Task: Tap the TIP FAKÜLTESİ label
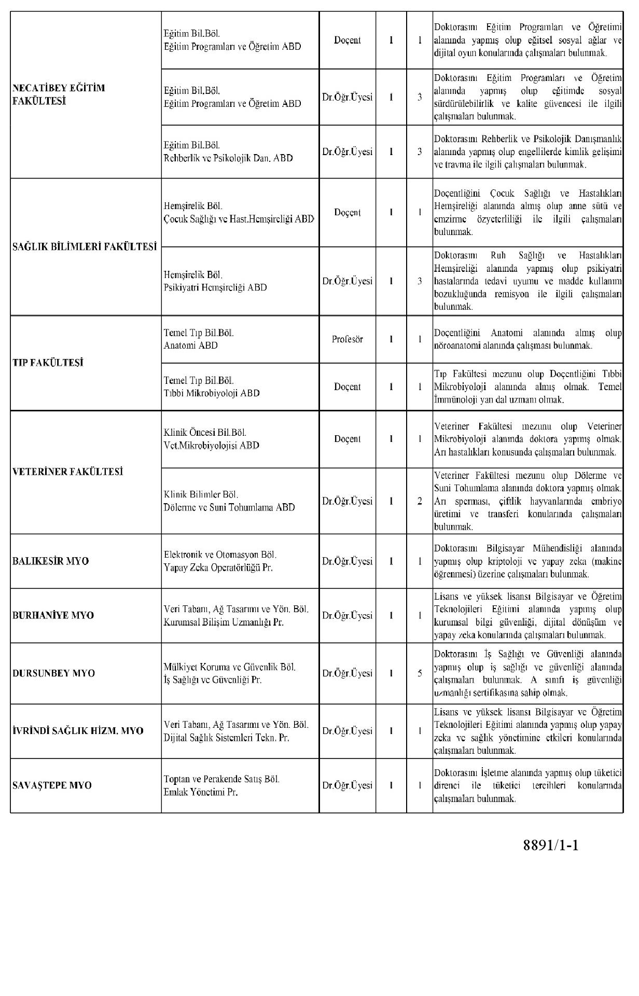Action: [x=48, y=363]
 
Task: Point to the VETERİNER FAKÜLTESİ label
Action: [x=67, y=472]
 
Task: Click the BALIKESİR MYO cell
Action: [x=50, y=561]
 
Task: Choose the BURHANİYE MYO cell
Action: [x=53, y=615]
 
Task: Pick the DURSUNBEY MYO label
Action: [x=53, y=673]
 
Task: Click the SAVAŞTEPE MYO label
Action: [x=52, y=785]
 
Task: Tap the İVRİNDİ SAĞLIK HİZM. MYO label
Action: [x=77, y=731]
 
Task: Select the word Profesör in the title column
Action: [x=347, y=339]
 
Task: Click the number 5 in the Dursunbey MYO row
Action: [x=420, y=673]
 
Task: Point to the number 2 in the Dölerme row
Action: [x=420, y=501]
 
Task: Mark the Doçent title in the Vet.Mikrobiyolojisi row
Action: [x=347, y=439]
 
